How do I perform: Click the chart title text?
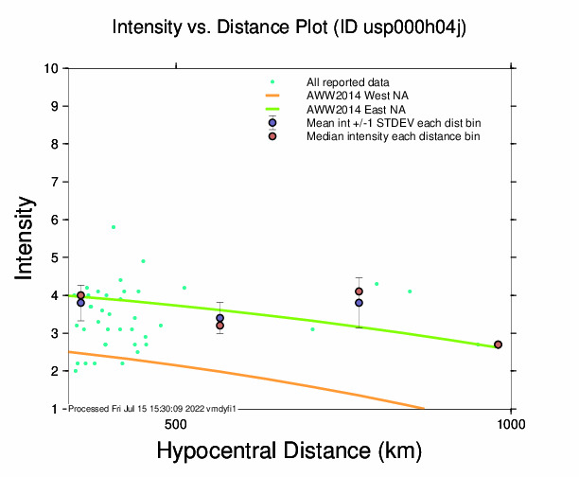[289, 27]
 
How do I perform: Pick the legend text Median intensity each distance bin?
[393, 136]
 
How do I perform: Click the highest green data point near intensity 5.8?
[114, 227]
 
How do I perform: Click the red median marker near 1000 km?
[498, 344]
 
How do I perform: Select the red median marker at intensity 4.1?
[359, 291]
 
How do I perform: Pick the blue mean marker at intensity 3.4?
[219, 318]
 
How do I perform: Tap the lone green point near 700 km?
[313, 329]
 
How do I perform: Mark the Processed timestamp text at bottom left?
[151, 408]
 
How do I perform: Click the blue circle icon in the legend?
[272, 123]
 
